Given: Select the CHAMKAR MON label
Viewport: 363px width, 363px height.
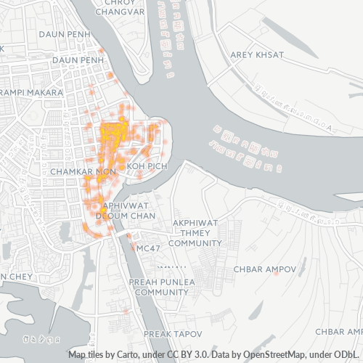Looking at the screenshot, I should [x=84, y=171].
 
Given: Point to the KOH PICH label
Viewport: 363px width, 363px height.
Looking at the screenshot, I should [x=147, y=166].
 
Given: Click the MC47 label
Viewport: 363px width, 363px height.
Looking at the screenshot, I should [x=148, y=248].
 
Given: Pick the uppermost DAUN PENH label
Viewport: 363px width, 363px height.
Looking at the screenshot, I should [x=43, y=34].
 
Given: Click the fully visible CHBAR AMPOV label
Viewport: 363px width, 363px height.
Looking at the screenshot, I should [x=265, y=269].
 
